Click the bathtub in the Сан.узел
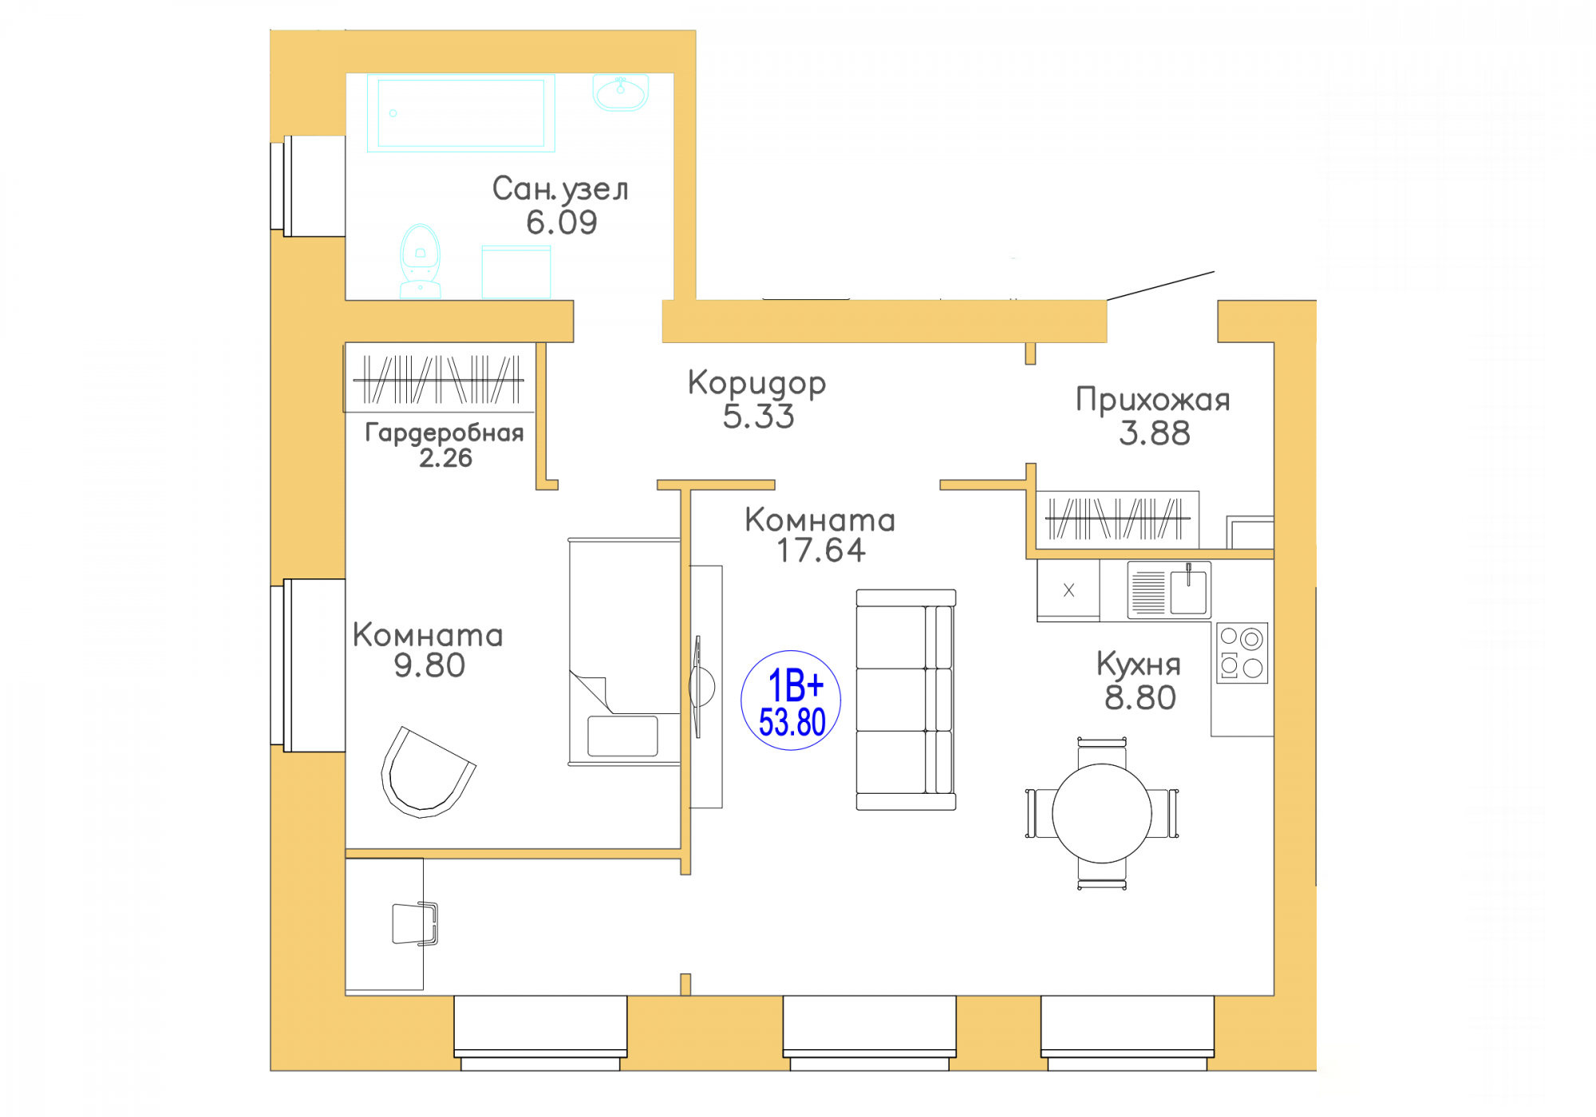(461, 113)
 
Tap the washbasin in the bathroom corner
(621, 93)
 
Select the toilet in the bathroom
(420, 261)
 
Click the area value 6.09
(562, 223)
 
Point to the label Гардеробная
(444, 432)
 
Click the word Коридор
(757, 384)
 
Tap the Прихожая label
(1153, 399)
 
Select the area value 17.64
(821, 551)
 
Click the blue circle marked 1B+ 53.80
(791, 701)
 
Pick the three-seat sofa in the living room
(906, 700)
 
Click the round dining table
(1102, 813)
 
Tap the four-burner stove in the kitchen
(1242, 653)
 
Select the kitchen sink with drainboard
(1169, 590)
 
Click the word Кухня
(1139, 664)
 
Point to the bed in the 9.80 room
(624, 652)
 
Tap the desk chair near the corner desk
(415, 923)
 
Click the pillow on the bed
(622, 736)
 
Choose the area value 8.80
(1140, 698)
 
